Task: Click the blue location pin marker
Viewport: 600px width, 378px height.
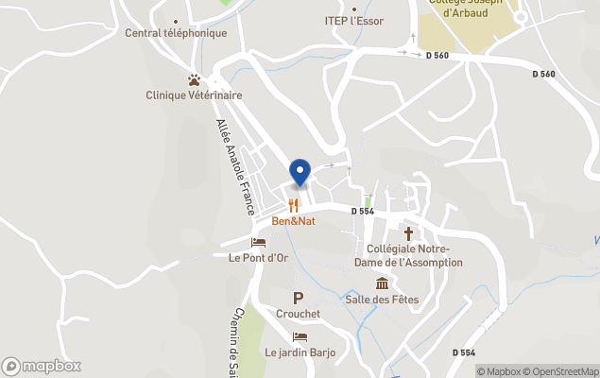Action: point(300,171)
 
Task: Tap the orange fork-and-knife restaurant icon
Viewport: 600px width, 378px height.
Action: point(293,205)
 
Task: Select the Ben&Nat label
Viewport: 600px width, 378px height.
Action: point(293,221)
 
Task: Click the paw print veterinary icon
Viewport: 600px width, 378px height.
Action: point(194,80)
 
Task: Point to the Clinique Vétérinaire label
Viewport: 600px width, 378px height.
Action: point(194,95)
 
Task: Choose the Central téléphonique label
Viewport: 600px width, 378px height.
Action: point(176,33)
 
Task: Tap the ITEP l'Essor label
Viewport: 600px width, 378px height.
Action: point(354,21)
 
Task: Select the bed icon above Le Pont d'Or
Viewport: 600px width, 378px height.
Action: point(258,243)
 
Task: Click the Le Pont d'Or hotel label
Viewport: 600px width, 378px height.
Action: point(258,257)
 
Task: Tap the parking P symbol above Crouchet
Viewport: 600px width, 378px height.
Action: point(299,298)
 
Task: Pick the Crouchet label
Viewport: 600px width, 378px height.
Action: point(299,314)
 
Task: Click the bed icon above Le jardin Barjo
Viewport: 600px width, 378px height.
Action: point(300,337)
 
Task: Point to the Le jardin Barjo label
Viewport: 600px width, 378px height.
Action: point(300,352)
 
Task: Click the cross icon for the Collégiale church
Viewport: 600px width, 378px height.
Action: point(409,232)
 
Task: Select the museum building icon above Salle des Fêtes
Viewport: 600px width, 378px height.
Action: point(382,283)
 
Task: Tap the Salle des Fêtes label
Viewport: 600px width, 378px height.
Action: point(382,300)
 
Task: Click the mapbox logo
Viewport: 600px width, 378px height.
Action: point(42,366)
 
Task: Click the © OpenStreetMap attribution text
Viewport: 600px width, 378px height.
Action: point(563,371)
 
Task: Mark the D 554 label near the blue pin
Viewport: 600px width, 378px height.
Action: point(363,212)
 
